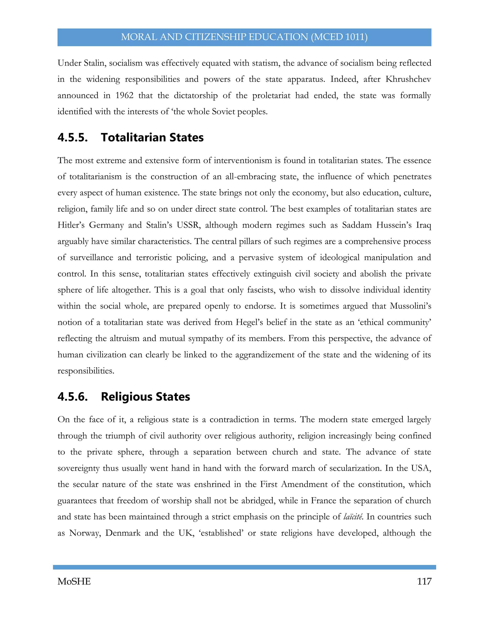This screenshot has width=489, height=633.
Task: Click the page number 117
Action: (424, 581)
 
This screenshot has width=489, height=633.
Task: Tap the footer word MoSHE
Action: (74, 581)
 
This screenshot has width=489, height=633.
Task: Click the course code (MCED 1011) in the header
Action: (339, 37)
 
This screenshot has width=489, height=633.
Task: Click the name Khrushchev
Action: (408, 79)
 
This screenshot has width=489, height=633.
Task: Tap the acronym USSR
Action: (189, 225)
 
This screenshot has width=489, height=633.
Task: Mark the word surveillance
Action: (91, 258)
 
